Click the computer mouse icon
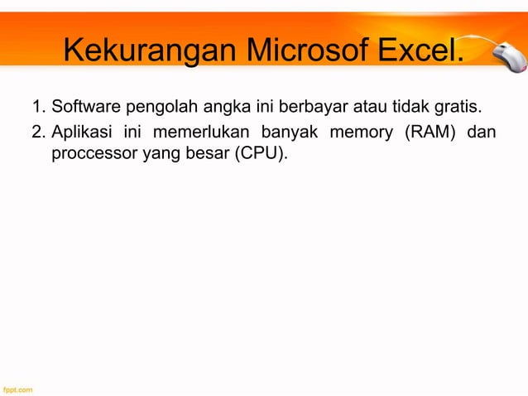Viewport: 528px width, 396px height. click(502, 59)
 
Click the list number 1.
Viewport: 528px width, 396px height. click(37, 108)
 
